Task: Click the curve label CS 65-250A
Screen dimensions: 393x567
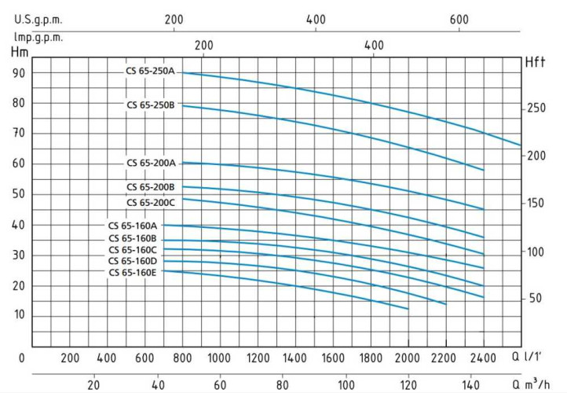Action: point(152,72)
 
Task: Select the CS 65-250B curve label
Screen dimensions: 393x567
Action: point(152,105)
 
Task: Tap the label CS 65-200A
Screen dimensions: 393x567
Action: point(152,163)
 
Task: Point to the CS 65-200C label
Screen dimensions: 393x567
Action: point(152,202)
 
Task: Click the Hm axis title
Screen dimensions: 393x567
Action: point(19,53)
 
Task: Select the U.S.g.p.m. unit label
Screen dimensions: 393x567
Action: point(38,20)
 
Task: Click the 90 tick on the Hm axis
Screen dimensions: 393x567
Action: point(18,73)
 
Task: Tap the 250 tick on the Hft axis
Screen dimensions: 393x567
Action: point(536,108)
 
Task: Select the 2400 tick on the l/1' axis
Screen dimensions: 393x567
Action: point(483,358)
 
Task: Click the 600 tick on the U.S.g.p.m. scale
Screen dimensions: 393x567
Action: point(459,20)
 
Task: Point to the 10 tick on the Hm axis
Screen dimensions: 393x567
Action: point(18,315)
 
